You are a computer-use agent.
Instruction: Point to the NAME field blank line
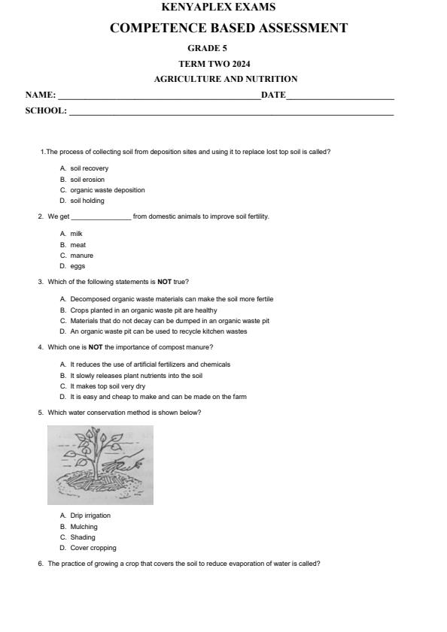click(159, 96)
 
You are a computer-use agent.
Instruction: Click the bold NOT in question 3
click(165, 282)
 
